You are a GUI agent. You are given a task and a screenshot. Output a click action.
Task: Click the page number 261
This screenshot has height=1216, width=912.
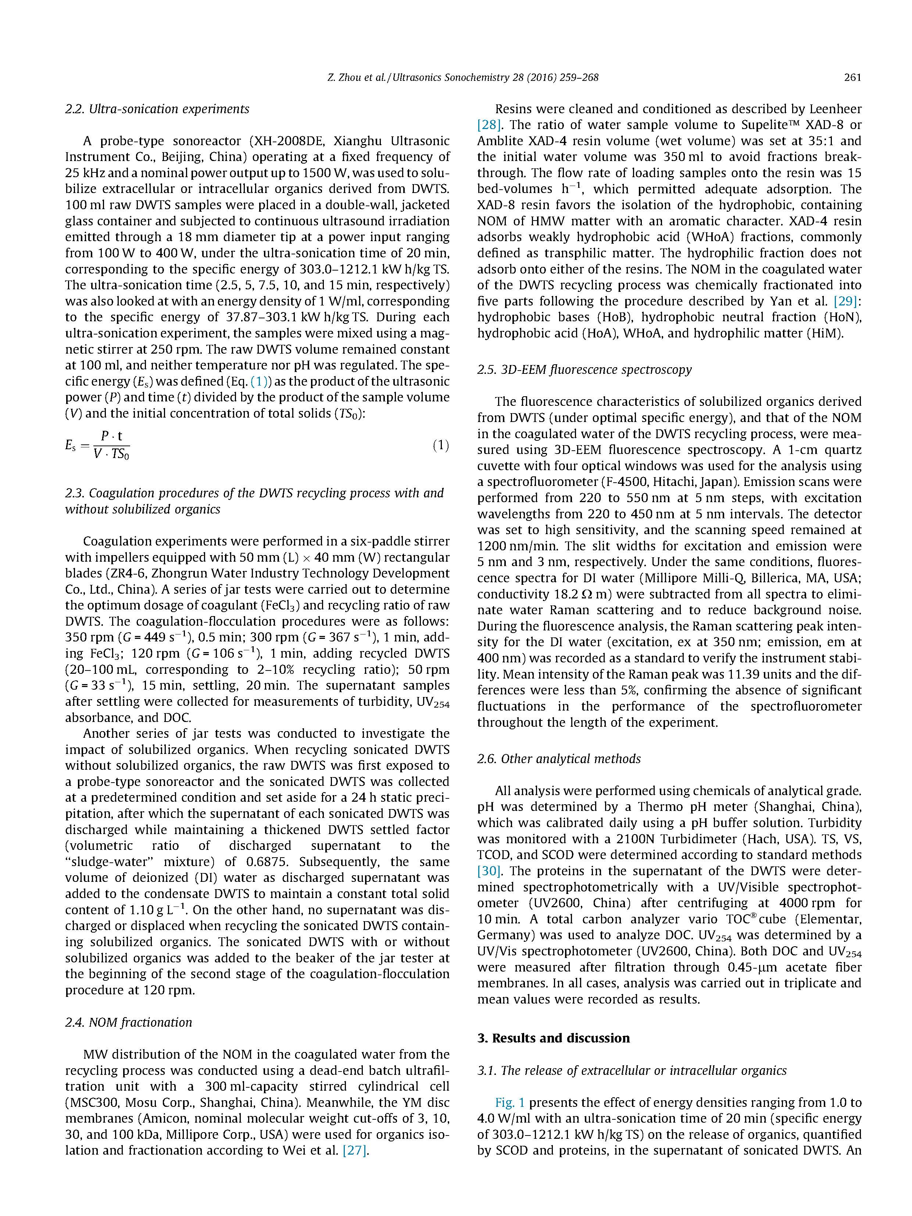coord(852,78)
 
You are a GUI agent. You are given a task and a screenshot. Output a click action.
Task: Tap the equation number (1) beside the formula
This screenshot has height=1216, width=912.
coord(440,445)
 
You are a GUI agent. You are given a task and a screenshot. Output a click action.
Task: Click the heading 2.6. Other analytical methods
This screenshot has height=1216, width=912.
coord(558,759)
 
